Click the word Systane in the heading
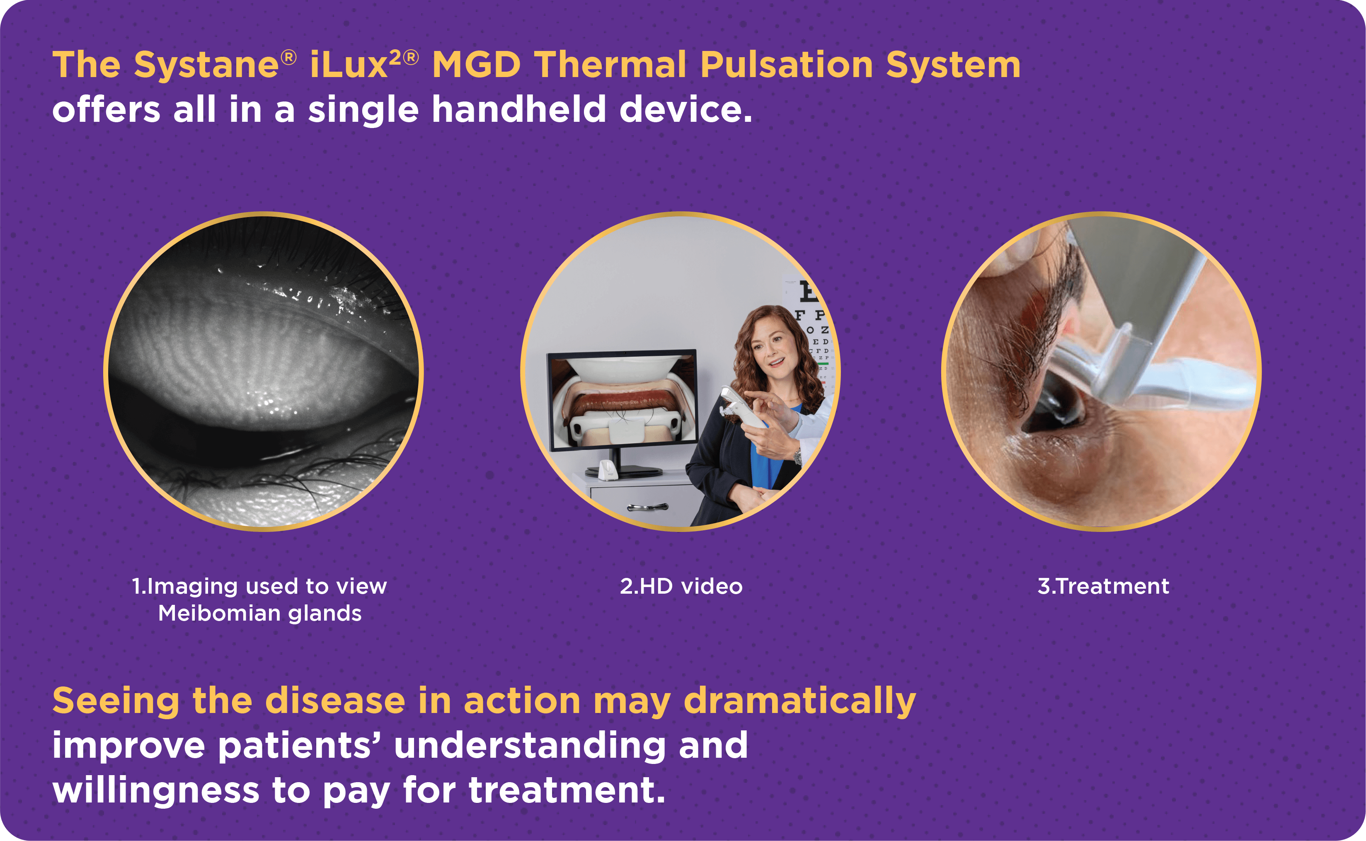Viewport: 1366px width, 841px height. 206,65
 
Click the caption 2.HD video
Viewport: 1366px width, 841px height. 681,586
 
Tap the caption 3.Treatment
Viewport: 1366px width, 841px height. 1103,586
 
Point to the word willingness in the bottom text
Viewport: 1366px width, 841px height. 156,791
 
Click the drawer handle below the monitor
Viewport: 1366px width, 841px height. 647,507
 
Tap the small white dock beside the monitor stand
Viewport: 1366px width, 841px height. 608,469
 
